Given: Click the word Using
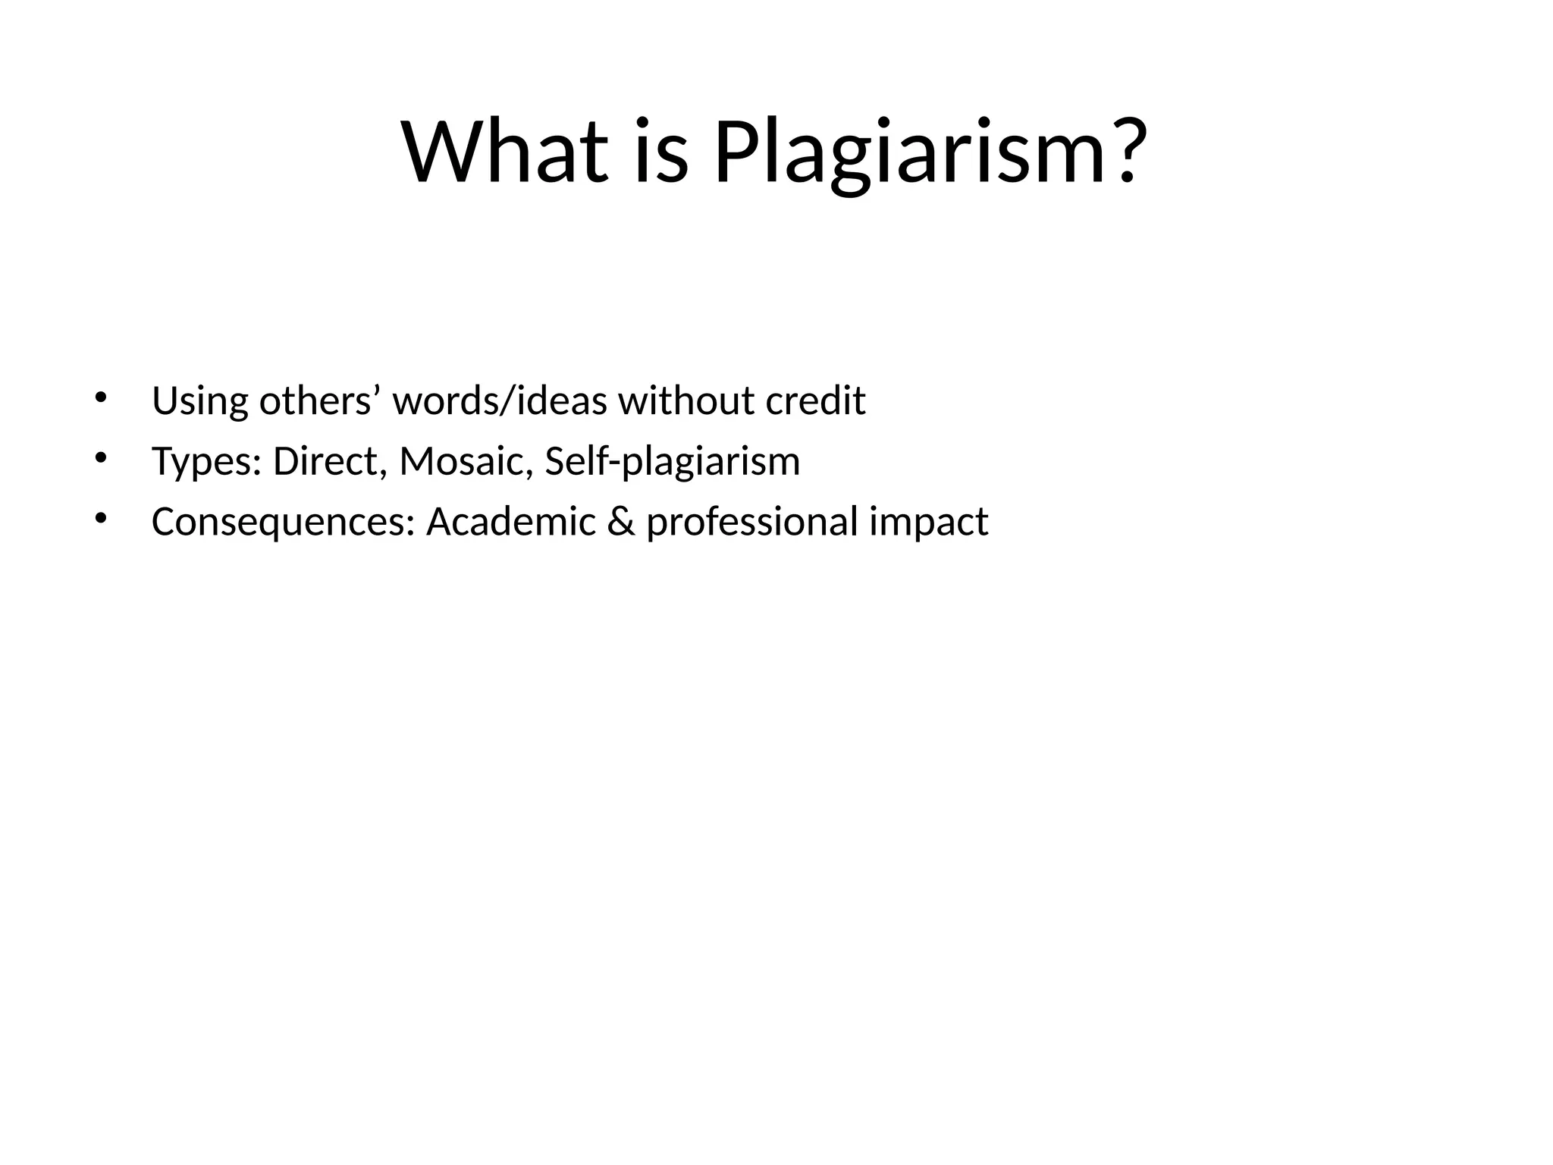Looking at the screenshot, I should tap(199, 401).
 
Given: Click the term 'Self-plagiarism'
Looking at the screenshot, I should tap(672, 462).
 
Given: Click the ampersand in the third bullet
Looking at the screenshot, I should tap(621, 521).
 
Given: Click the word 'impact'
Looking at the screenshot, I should tap(928, 522).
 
